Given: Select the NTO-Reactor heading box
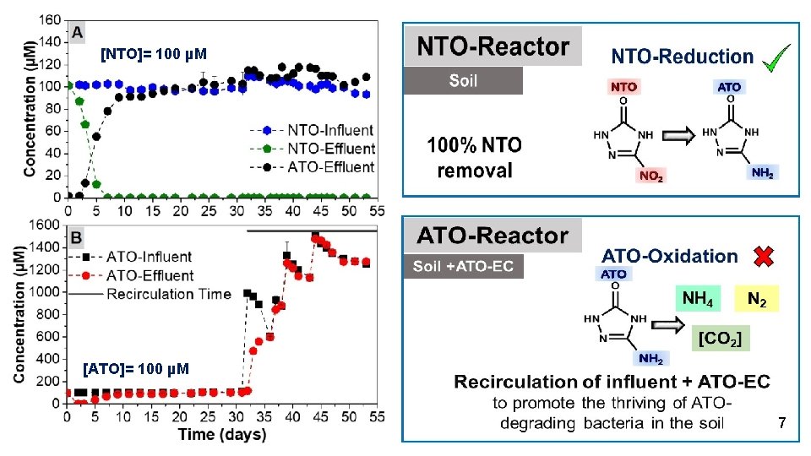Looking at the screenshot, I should point(493,47).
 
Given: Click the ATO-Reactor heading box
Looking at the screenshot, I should point(493,236).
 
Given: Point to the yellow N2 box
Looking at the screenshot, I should point(757,297).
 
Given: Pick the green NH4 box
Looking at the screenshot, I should point(697,297).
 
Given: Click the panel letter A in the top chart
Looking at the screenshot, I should point(78,33).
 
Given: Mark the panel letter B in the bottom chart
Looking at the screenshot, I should point(78,237).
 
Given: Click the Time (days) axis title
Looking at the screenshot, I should point(222,436).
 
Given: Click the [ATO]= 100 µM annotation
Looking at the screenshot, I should point(136,369).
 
